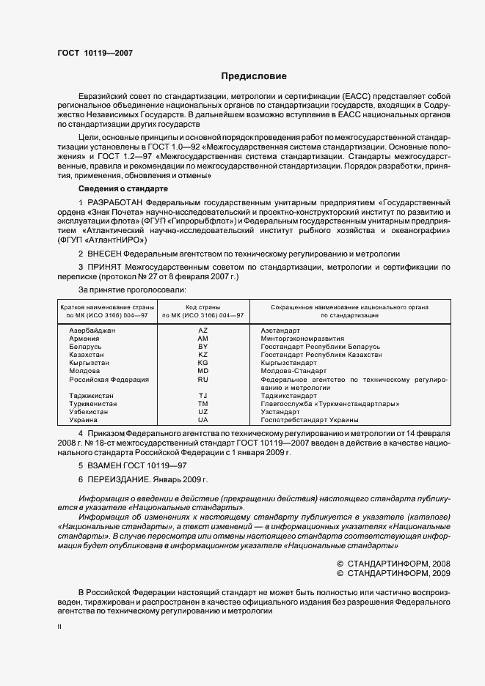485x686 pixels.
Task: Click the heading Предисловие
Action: (x=254, y=76)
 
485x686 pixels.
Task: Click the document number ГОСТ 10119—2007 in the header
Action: (x=95, y=54)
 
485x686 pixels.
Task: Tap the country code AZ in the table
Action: (x=203, y=331)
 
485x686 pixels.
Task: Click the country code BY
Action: (x=203, y=347)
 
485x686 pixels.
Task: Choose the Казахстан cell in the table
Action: (x=83, y=355)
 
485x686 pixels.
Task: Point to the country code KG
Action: (x=203, y=363)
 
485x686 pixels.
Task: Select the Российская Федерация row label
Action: (x=109, y=380)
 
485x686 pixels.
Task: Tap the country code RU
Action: (x=203, y=380)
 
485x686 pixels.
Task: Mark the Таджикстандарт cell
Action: (x=289, y=396)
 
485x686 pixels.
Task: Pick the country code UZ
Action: (x=203, y=412)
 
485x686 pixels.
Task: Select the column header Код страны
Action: (x=203, y=307)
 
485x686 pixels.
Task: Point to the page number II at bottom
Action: (x=59, y=627)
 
